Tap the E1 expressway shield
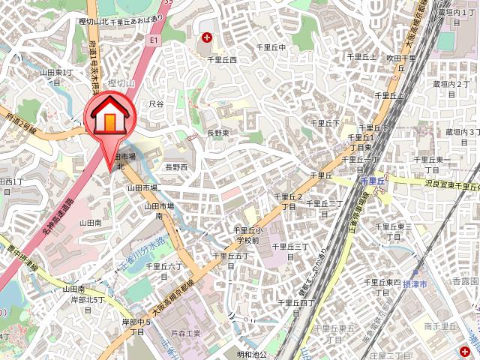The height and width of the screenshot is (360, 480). [154, 39]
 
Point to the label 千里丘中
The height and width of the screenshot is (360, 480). [271, 47]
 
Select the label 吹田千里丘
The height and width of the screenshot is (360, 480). [401, 62]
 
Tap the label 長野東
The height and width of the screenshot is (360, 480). [218, 133]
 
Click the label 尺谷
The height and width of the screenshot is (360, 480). [156, 104]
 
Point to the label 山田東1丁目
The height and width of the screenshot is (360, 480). [57, 77]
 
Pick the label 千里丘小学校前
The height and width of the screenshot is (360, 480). [247, 235]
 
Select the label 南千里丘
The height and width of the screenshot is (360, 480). [440, 325]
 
